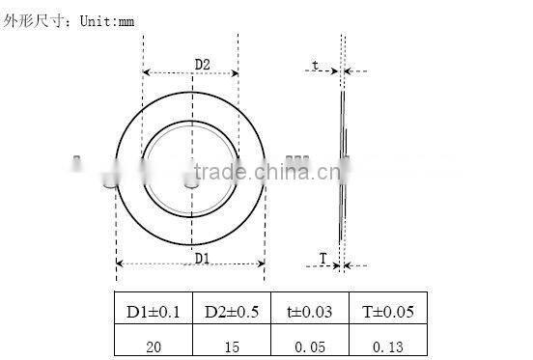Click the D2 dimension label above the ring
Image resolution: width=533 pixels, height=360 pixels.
(202, 65)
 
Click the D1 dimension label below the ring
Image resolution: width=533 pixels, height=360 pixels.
(202, 257)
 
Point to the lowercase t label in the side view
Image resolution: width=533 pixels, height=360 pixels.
(315, 66)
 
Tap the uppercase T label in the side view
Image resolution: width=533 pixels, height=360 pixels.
(323, 258)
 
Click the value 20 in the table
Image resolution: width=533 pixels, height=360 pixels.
(153, 343)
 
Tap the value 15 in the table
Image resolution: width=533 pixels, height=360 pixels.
(231, 343)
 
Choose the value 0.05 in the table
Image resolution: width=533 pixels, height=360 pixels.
(309, 343)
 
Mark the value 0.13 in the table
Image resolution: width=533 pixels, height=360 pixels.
(386, 343)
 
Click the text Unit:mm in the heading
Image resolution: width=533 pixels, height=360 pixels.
(104, 16)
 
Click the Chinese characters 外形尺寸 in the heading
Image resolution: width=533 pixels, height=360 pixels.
(32, 16)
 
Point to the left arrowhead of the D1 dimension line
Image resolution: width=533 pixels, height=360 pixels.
(119, 263)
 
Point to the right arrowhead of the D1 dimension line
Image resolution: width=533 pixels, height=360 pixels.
(262, 263)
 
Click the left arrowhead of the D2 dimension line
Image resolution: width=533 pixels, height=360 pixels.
(146, 71)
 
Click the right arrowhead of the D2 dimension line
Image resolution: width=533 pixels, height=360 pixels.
(235, 71)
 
